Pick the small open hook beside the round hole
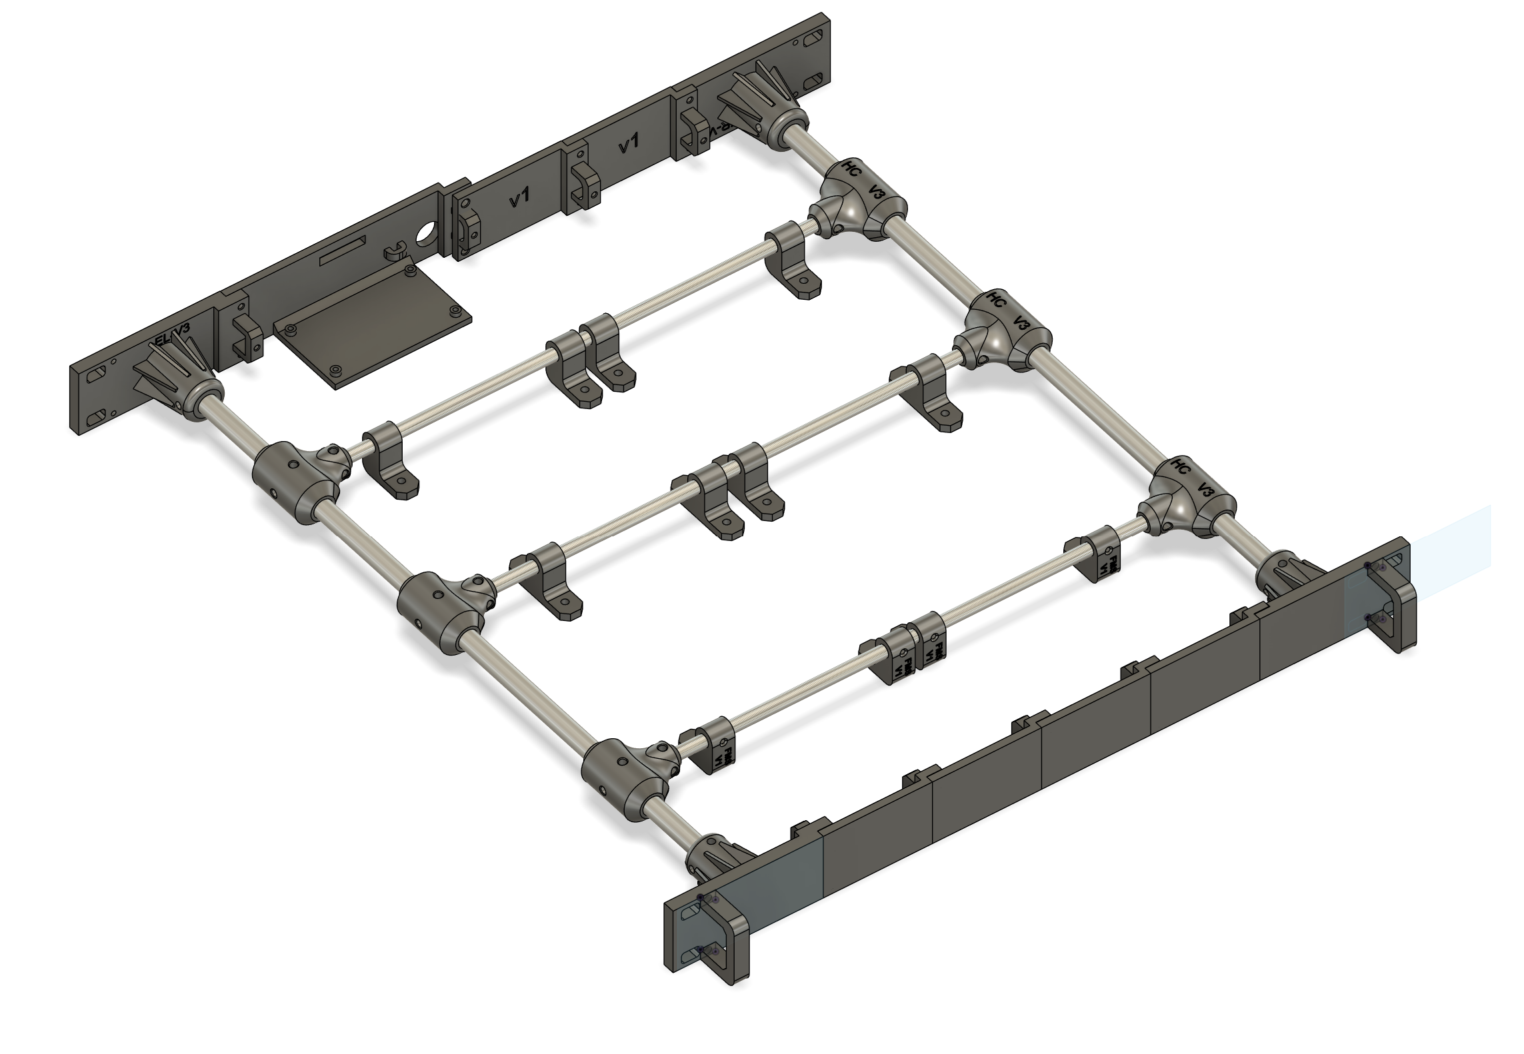tap(396, 251)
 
